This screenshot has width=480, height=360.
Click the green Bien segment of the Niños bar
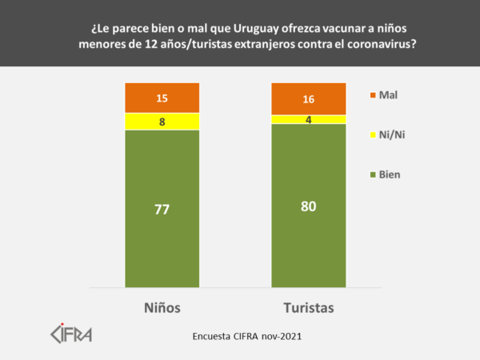[162, 240]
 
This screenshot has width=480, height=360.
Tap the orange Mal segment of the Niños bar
[144, 98]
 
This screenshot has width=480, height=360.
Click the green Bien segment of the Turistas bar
[309, 240]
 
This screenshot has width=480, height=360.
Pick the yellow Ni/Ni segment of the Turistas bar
[292, 119]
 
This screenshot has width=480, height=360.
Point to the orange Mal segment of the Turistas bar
[292, 98]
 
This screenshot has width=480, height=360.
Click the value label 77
[162, 210]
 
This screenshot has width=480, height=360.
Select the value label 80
[309, 206]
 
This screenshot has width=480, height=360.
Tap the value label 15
[162, 98]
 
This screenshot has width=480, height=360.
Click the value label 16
[309, 98]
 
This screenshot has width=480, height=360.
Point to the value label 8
[162, 122]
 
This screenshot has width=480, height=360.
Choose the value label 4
[309, 119]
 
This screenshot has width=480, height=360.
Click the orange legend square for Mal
[372, 95]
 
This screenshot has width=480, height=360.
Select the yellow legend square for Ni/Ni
[372, 134]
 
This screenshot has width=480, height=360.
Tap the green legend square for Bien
[372, 174]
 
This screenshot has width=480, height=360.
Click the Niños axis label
[162, 307]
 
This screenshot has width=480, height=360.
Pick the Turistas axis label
[309, 307]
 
